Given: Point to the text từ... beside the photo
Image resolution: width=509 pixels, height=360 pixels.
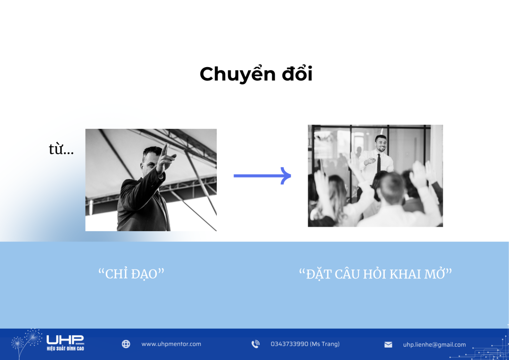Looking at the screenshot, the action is point(61,149).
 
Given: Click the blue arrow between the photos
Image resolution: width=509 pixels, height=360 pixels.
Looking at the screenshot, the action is point(262,176).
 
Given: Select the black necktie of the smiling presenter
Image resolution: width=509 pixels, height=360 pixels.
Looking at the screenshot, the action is point(378,163).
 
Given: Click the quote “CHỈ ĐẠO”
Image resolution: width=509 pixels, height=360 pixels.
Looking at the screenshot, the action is point(131,273).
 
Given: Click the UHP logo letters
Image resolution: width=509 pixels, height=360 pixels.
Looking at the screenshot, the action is point(65,340).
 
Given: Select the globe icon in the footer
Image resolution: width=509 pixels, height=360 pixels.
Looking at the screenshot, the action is point(126,344).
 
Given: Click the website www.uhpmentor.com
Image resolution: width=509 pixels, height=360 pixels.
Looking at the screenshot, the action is point(171,344).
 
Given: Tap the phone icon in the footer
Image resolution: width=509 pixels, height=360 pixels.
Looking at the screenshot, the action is point(255,344).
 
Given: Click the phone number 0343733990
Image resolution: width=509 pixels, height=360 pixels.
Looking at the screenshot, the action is point(289,344).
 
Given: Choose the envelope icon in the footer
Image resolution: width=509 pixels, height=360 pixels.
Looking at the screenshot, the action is point(388,345).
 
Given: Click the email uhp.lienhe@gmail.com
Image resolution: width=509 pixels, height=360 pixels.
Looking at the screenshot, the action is point(434,345).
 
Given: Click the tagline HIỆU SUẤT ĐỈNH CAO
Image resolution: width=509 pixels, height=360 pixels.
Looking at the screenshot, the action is point(65,349).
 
